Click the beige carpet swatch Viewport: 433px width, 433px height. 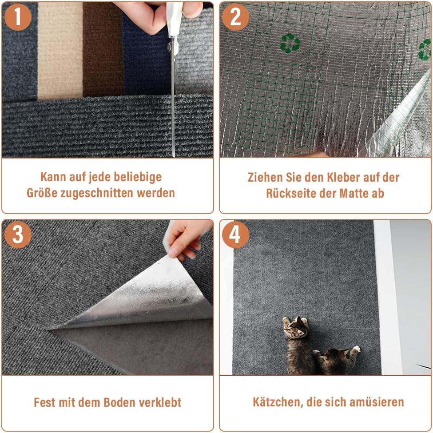(x=60, y=53)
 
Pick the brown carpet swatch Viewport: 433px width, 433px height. (x=102, y=53)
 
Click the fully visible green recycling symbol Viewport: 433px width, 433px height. (x=290, y=43)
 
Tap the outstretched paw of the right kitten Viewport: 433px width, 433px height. (x=355, y=350)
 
